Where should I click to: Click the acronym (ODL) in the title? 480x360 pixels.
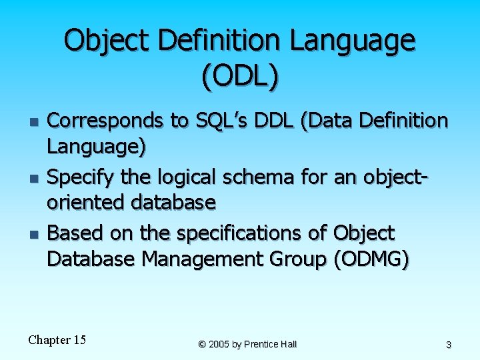[239, 77]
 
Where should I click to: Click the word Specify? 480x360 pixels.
[79, 177]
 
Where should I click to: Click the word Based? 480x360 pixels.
[72, 233]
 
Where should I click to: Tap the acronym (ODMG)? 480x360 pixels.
[371, 259]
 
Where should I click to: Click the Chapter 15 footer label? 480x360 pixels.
[57, 340]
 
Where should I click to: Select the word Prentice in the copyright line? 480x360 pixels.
[261, 344]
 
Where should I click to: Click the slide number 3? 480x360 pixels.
[449, 345]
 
